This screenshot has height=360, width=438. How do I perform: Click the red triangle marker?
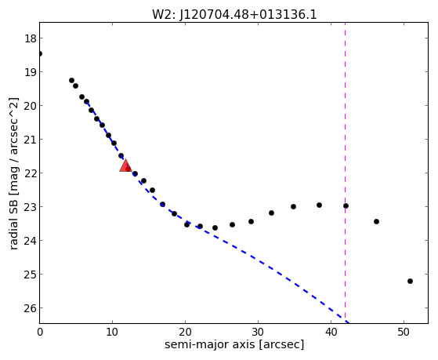tap(125, 165)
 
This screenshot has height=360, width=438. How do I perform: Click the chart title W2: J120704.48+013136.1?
tap(234, 15)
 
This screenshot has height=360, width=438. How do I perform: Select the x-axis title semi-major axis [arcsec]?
tap(234, 344)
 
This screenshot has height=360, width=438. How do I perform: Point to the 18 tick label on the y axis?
tap(31, 38)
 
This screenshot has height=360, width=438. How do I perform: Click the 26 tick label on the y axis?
tap(31, 308)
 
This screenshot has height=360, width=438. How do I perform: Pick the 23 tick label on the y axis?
tap(31, 207)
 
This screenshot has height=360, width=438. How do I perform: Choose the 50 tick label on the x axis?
tap(404, 332)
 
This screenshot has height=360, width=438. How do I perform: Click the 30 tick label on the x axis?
tap(258, 332)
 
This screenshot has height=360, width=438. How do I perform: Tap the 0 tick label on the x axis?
tap(40, 332)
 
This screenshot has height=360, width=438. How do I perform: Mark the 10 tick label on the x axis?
tap(112, 332)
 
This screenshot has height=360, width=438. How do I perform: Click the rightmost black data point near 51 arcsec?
tap(410, 281)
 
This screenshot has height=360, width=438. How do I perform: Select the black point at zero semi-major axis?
tap(40, 53)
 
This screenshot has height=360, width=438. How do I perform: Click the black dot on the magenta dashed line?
tap(346, 205)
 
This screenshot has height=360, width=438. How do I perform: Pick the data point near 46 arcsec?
tap(376, 221)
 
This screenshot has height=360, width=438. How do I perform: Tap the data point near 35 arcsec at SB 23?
tap(293, 207)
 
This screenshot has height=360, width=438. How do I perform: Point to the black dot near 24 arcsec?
tap(215, 228)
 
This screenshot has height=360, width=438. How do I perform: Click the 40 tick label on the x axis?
tap(331, 332)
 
